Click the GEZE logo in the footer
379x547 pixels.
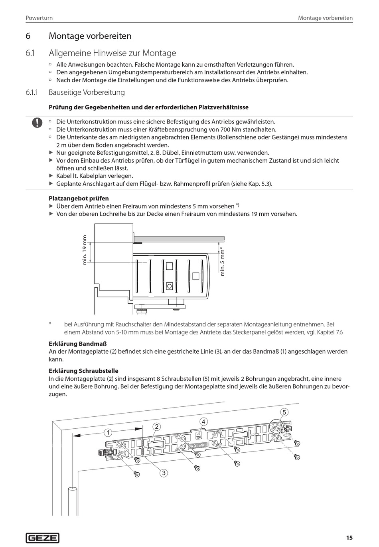pos(43,538)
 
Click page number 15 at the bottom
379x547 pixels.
pos(349,538)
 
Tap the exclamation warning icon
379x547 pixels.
pos(37,122)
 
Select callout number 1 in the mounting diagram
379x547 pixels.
pos(107,432)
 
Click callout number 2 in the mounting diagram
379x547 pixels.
pos(157,426)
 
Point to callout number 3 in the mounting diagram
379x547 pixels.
pos(164,473)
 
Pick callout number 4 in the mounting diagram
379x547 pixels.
pos(203,422)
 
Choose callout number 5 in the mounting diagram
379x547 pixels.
pos(284,412)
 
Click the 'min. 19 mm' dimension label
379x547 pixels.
pos(84,250)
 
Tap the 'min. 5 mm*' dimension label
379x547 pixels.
pos(223,262)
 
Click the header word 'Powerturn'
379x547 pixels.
pos(39,18)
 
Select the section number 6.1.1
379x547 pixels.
pos(32,92)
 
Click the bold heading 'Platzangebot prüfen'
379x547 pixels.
pos(79,198)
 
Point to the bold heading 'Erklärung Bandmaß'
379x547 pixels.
pos(77,344)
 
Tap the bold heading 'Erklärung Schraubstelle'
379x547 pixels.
pos(83,371)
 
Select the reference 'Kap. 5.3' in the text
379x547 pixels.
pos(260,183)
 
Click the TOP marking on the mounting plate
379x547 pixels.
pos(199,437)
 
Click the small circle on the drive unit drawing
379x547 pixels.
pos(170,286)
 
